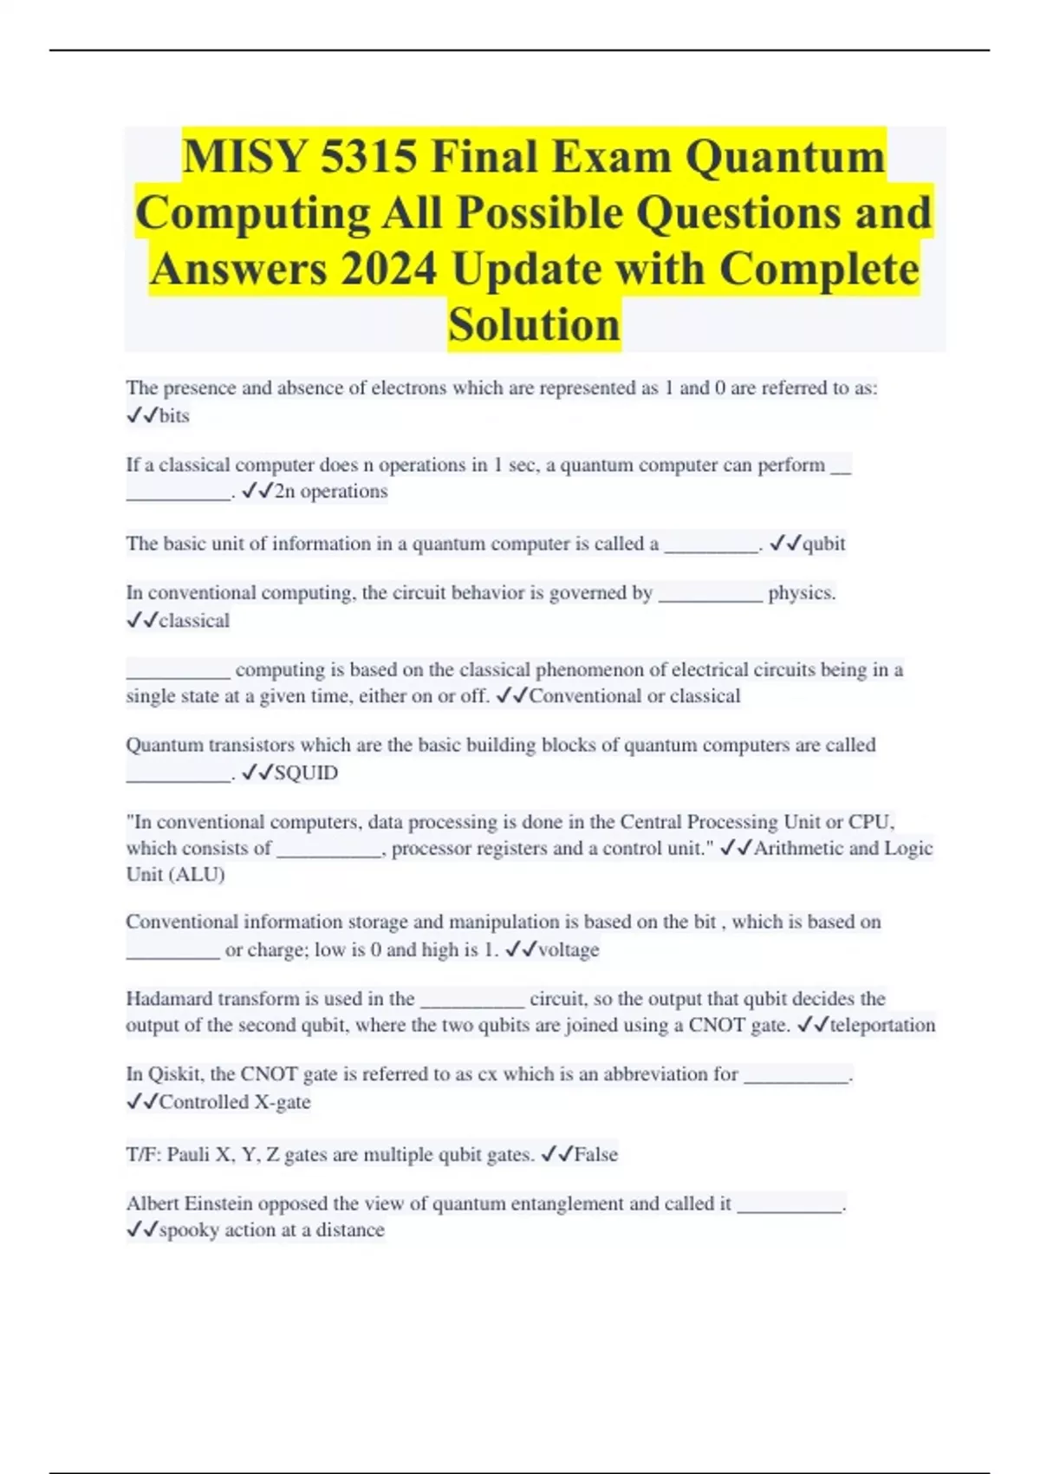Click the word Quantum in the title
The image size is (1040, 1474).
tap(785, 157)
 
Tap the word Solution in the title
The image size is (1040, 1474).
tap(534, 325)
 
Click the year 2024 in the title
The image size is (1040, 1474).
tap(388, 269)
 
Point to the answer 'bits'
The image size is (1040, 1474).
tap(174, 416)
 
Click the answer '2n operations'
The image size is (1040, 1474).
tap(331, 492)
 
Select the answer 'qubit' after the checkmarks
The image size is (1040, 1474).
tap(823, 544)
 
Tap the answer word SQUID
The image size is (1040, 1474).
tap(306, 773)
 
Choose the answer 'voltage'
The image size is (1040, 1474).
tap(569, 950)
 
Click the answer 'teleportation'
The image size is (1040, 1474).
tap(882, 1025)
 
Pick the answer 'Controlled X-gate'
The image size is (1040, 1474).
tap(235, 1102)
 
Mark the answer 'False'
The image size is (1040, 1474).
tap(596, 1155)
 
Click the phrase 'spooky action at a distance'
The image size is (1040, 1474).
tap(272, 1230)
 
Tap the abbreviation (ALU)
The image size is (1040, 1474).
tap(200, 875)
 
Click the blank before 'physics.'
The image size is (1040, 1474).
tap(711, 595)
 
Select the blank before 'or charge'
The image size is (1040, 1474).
tap(173, 952)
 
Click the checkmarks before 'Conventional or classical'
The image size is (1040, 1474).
tap(511, 696)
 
